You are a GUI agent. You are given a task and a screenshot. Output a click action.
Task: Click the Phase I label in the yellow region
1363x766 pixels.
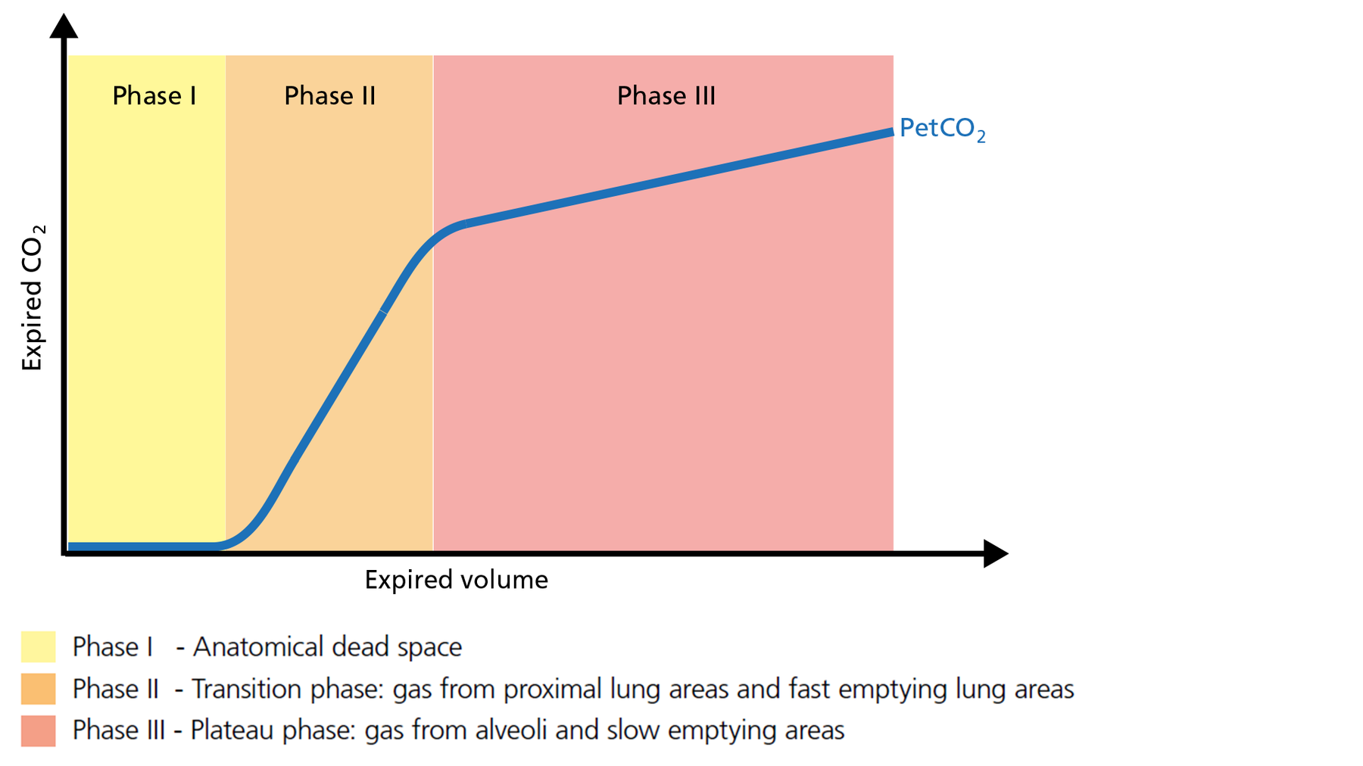click(x=154, y=96)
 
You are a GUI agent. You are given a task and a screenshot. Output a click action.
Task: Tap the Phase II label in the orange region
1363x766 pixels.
click(x=329, y=96)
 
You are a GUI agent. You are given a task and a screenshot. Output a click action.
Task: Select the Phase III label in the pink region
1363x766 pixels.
click(x=666, y=96)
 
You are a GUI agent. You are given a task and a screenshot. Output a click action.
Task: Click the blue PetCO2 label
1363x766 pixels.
click(x=941, y=128)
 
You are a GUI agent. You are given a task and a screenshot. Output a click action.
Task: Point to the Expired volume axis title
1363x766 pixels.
click(x=456, y=580)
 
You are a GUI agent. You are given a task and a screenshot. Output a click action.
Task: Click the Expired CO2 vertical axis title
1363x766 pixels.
click(x=33, y=297)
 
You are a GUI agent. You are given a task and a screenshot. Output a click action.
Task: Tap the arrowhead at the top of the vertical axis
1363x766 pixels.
click(x=64, y=26)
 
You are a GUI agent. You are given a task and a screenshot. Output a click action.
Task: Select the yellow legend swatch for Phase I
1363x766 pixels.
click(x=38, y=647)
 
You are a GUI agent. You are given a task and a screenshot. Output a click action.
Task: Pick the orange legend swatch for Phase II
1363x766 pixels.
click(x=38, y=689)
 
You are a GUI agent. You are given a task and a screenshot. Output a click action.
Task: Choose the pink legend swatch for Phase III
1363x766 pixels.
click(x=38, y=730)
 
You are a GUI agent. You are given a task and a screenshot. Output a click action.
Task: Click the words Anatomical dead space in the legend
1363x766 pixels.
click(x=327, y=647)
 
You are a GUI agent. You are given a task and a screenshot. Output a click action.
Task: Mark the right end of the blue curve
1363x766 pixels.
click(x=891, y=132)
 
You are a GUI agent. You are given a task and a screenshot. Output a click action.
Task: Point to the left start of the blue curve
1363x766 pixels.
click(x=70, y=546)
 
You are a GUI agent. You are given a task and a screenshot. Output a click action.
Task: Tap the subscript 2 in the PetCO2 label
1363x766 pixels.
click(x=981, y=138)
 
